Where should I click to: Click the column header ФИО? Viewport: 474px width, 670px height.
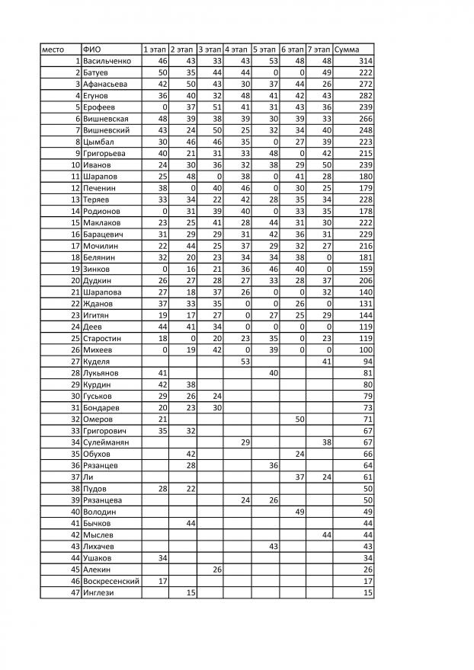pos(92,49)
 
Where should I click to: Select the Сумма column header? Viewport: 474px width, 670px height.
pos(347,49)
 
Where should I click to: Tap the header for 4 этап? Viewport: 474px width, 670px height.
pos(237,49)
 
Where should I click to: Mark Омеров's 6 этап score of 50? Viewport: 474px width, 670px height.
pos(299,419)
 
